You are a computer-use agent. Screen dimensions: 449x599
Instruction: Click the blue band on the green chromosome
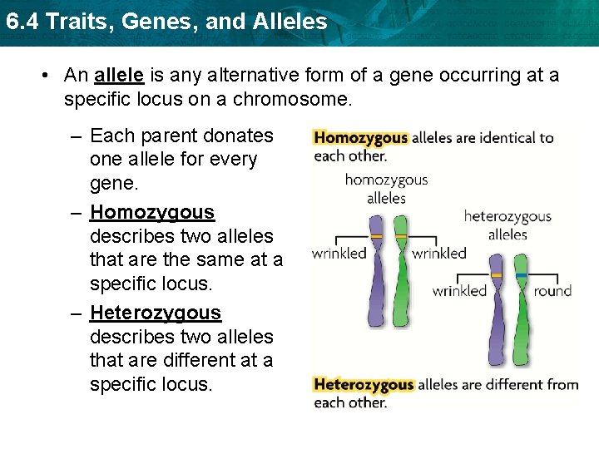point(522,274)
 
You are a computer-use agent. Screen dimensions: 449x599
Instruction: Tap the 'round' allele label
point(553,290)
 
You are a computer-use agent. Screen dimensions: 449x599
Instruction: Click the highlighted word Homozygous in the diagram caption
point(361,138)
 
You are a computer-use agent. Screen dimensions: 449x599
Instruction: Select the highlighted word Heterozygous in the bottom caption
point(364,384)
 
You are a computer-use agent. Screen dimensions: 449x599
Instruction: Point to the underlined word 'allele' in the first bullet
point(120,76)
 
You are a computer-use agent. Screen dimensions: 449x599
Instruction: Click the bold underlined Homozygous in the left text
point(152,213)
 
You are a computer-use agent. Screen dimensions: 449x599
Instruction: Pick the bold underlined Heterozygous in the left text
point(156,313)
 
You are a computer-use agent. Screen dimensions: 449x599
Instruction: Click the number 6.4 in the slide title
point(19,22)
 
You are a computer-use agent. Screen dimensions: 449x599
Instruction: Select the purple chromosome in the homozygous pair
point(377,266)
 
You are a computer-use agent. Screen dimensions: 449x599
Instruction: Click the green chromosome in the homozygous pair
point(401,266)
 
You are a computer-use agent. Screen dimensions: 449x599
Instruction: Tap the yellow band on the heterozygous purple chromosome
point(498,274)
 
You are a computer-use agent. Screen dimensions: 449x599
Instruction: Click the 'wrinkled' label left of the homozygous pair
point(339,253)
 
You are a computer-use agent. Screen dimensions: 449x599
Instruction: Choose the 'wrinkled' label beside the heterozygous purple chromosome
point(459,290)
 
